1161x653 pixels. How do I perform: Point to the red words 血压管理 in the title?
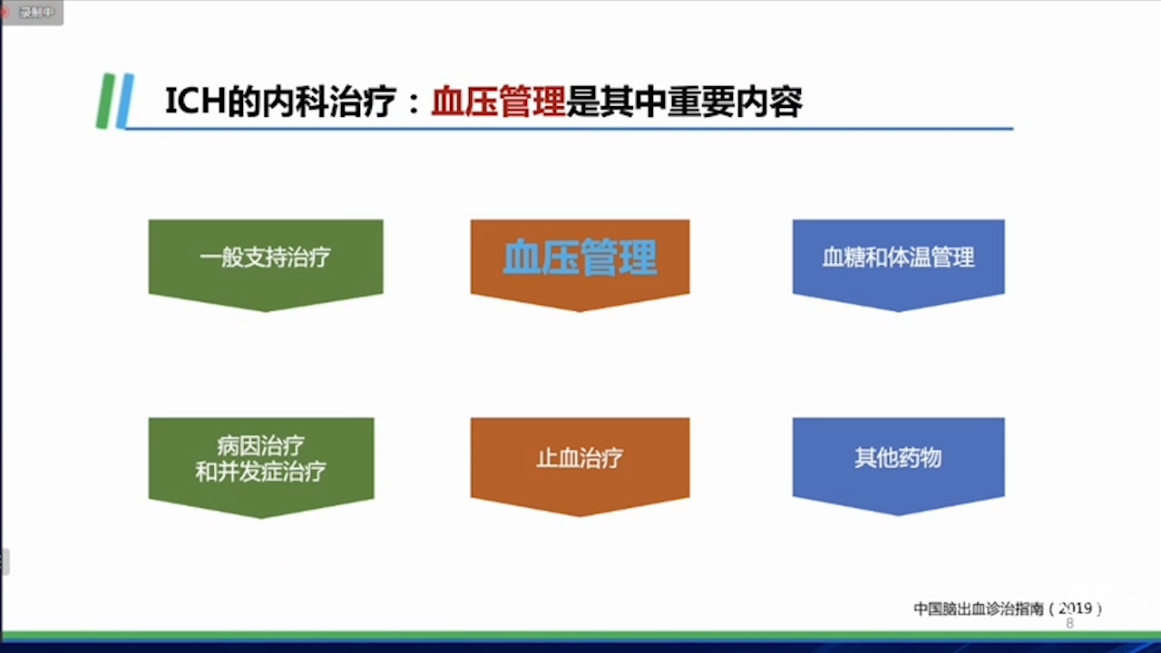click(498, 102)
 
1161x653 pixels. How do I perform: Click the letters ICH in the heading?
click(195, 101)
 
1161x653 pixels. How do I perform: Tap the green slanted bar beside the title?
click(105, 101)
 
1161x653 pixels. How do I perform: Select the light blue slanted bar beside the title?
click(125, 101)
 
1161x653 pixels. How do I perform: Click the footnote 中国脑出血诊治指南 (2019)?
click(1008, 609)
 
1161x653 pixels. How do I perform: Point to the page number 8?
click(1069, 623)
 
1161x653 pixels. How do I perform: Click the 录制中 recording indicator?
click(31, 12)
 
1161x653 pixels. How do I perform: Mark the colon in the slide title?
click(414, 103)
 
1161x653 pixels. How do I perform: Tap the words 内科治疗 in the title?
click(329, 102)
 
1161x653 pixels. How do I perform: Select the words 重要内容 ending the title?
click(736, 102)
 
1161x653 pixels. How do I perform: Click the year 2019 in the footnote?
click(1075, 608)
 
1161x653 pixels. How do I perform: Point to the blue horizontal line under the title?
click(569, 128)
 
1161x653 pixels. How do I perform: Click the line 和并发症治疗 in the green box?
click(260, 472)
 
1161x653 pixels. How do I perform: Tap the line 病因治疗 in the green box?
click(260, 445)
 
